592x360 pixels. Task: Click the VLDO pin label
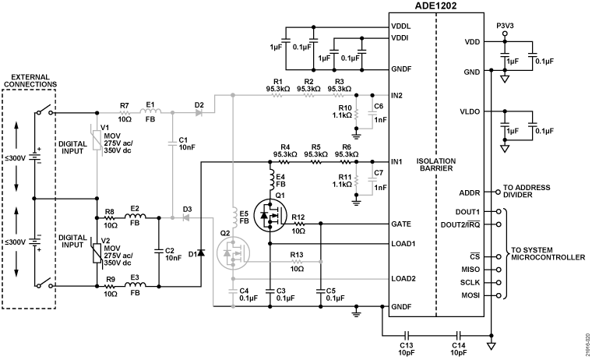[x=471, y=111]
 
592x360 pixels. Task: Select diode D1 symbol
[x=201, y=252]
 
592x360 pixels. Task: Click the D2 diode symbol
[x=199, y=113]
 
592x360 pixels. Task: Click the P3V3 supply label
[x=506, y=24]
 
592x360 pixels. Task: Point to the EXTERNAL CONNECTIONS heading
[x=30, y=79]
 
